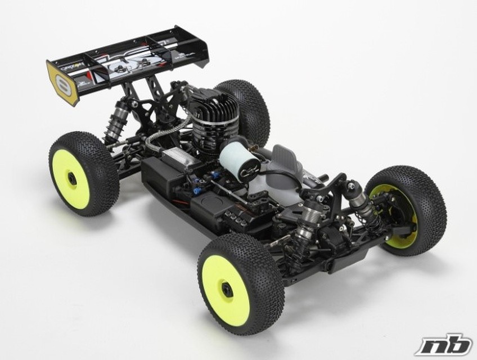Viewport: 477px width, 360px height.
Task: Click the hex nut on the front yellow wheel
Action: (x=227, y=289)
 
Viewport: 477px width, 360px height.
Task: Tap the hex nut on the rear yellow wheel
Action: (x=72, y=179)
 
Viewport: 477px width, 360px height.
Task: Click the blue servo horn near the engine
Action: (x=215, y=176)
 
